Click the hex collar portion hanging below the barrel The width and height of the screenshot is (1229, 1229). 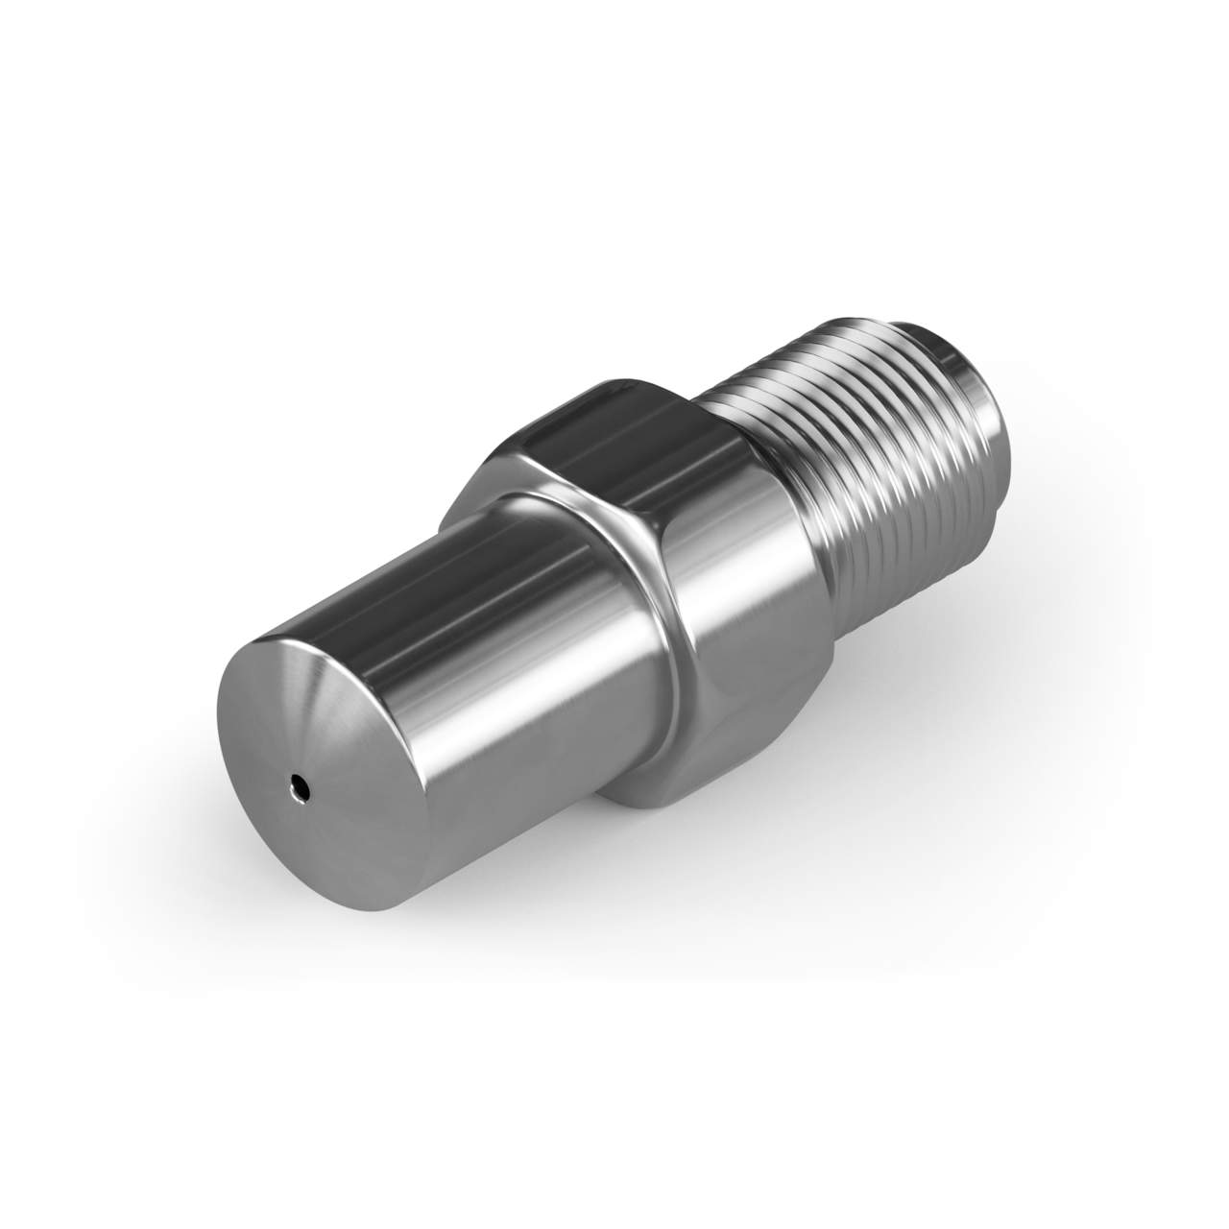[x=672, y=778]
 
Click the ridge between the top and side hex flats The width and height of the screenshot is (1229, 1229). [x=672, y=480]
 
